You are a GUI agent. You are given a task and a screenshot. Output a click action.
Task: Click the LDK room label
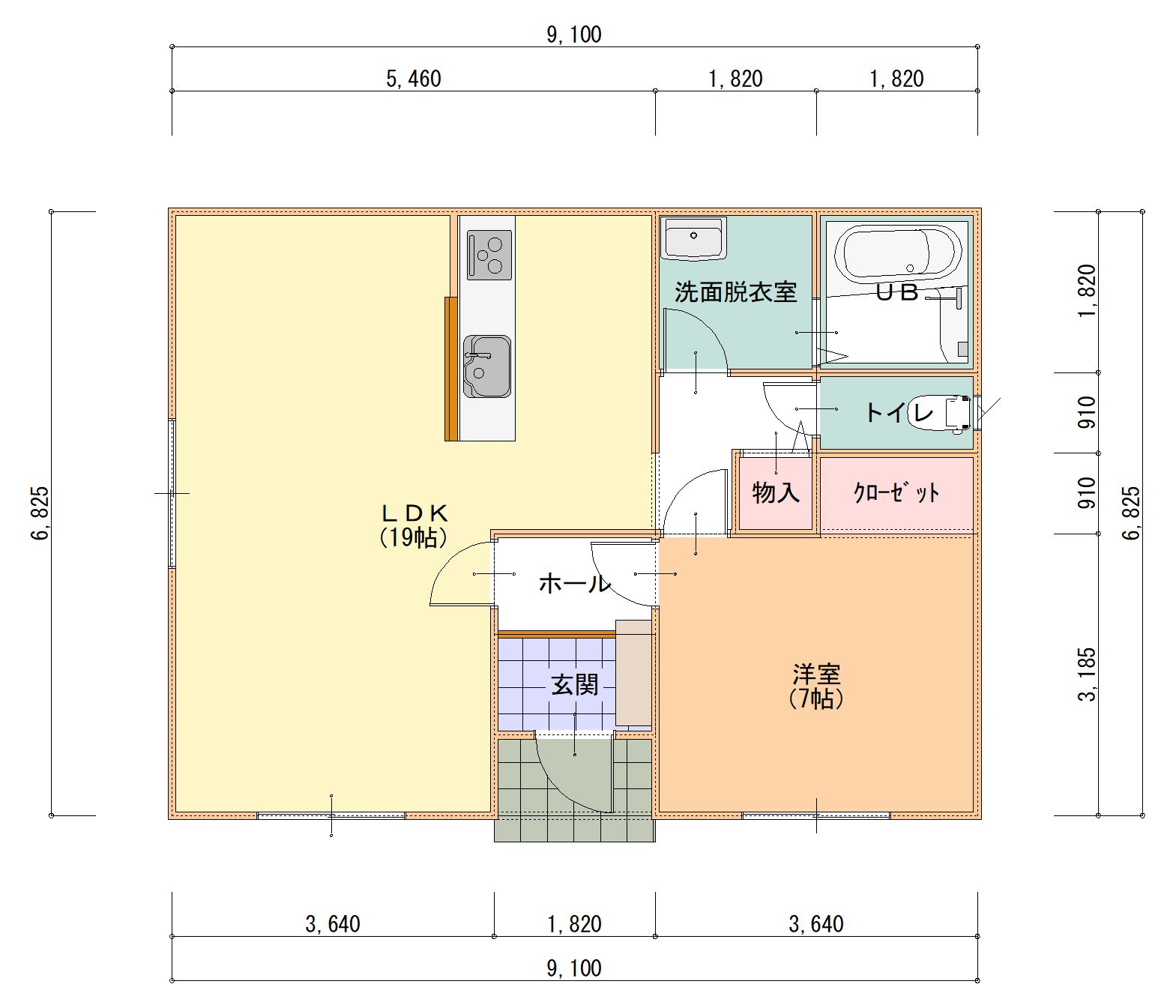tap(414, 513)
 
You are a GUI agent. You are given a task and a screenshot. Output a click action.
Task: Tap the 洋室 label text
tap(816, 673)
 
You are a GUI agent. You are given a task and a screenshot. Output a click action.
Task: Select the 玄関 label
tap(574, 684)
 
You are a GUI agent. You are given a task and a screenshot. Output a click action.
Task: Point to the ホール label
tap(574, 583)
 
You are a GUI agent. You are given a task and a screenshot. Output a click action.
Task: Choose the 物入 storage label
tap(776, 492)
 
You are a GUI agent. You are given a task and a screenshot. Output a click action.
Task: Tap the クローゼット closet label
tap(896, 492)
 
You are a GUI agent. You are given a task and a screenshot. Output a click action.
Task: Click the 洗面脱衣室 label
tap(735, 292)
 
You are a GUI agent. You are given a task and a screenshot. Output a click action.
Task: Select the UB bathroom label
tap(897, 292)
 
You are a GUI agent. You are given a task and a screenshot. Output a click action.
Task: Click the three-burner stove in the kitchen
tap(489, 255)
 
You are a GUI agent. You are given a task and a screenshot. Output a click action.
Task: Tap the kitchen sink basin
tap(487, 366)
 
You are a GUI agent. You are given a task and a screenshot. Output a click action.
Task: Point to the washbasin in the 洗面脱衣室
tap(693, 238)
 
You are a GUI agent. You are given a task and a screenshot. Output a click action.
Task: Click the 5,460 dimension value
tap(413, 79)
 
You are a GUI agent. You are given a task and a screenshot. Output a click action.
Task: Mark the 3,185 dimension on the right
tap(1087, 674)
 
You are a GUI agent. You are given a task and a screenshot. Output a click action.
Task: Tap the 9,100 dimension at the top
tap(574, 34)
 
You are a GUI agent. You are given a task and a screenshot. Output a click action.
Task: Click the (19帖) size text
tap(414, 537)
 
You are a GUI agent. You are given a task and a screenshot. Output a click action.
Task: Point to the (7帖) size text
tap(816, 698)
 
